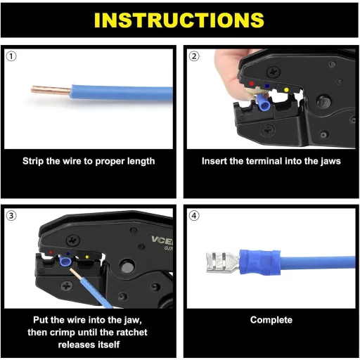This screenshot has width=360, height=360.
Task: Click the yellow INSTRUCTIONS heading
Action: (179, 20)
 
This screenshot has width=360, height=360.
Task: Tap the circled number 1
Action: (11, 56)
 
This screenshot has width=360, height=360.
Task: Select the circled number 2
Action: (194, 56)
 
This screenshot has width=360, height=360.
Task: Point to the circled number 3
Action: (11, 216)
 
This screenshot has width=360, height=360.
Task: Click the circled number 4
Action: (194, 216)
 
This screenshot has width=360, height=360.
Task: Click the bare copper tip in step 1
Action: (51, 90)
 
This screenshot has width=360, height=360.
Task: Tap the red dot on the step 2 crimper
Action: (252, 84)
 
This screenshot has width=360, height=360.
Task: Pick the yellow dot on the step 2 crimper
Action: (286, 90)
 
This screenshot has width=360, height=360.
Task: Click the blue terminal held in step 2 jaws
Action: (264, 104)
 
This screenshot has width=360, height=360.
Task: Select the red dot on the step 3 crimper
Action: (51, 252)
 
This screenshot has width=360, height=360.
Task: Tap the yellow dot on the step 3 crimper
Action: (87, 257)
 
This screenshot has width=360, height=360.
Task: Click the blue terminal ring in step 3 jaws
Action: (65, 262)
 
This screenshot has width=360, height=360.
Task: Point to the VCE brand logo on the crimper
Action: (162, 240)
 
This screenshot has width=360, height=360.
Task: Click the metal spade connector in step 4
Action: (222, 262)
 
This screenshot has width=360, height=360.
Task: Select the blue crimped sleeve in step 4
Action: (259, 262)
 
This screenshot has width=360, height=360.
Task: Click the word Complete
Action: (271, 320)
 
